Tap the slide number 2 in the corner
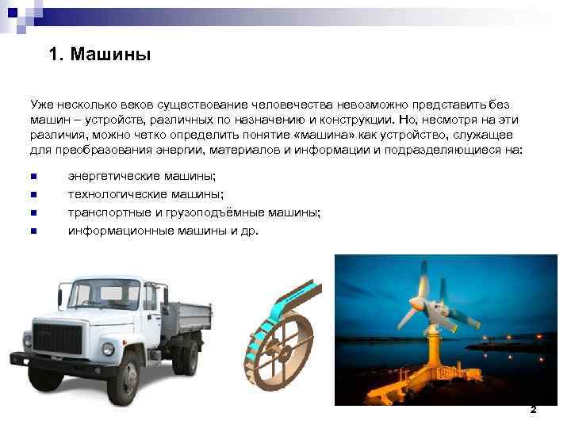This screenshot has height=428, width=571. [x=533, y=410]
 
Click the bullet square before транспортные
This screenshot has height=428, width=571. [x=33, y=213]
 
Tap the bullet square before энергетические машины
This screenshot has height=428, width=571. [x=33, y=177]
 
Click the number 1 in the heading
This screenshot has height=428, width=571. [x=53, y=55]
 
